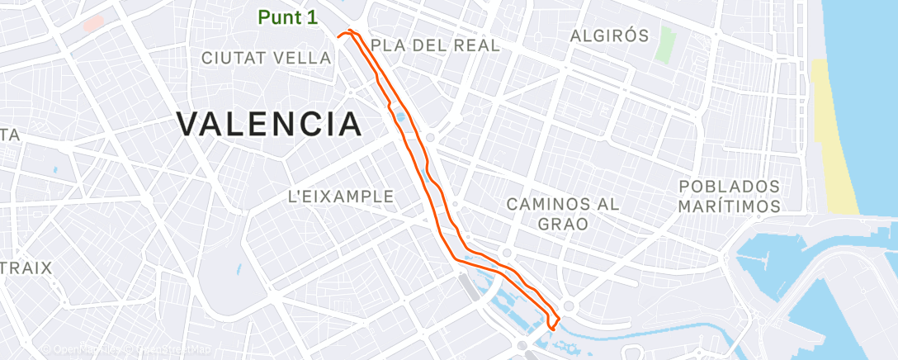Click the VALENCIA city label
[269, 125]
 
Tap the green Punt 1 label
[288, 17]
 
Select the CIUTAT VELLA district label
[266, 57]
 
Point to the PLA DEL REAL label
[436, 45]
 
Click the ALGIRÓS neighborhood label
[610, 36]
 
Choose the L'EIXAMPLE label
[340, 197]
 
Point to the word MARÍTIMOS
[728, 206]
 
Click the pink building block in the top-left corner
[93, 22]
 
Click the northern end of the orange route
[350, 31]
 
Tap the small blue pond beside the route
[401, 117]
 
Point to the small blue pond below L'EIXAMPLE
[238, 269]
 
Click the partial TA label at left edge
[9, 135]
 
